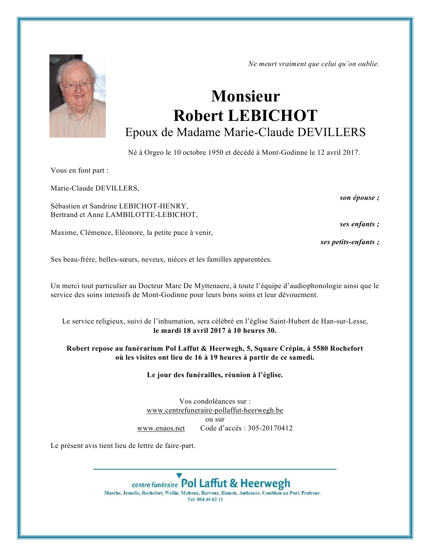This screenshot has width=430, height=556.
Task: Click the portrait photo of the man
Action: tap(77, 96)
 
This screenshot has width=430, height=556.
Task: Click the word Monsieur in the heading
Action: tap(246, 96)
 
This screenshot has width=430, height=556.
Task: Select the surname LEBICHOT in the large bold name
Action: tap(272, 115)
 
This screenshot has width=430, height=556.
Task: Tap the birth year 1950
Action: tap(216, 152)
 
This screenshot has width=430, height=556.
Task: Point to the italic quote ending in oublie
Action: tap(313, 64)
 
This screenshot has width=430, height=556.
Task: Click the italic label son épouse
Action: tap(359, 198)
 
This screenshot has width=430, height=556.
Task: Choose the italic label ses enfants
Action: tap(359, 224)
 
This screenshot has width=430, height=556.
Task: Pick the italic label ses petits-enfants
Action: tap(349, 242)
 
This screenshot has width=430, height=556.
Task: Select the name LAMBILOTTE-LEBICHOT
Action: tap(151, 215)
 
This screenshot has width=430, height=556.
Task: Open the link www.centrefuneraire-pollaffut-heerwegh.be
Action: tap(215, 410)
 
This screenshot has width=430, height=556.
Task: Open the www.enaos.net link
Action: tap(161, 428)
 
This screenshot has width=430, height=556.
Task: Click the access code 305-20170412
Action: tap(270, 428)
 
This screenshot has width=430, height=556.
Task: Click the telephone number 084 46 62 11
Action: tap(210, 500)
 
